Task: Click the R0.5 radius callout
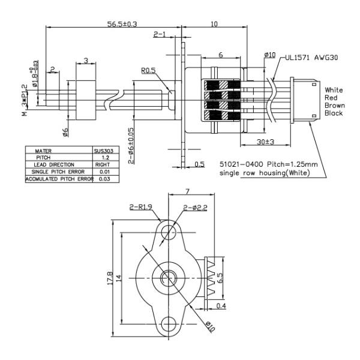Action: (x=149, y=71)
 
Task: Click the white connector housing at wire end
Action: (x=302, y=99)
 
